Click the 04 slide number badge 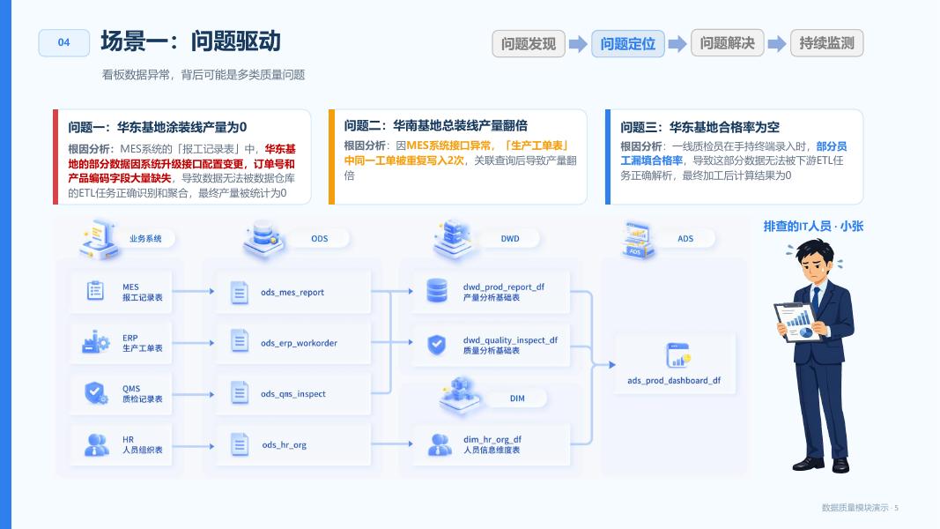pos(64,42)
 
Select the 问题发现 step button pos(529,43)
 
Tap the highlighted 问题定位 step pos(627,43)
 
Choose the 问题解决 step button pos(727,43)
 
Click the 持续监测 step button pos(826,43)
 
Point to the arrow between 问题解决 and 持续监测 pos(777,43)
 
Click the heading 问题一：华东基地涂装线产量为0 pos(157,127)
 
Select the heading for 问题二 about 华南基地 pos(436,125)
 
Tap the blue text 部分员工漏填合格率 pos(734,153)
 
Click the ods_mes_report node pos(293,292)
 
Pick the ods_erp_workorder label pos(299,343)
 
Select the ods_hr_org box pos(293,444)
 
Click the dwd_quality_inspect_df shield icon pos(436,345)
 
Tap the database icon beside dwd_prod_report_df pos(436,290)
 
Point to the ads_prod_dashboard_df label pos(674,380)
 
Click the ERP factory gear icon pos(95,342)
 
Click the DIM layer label pos(517,399)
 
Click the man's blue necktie pos(815,299)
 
